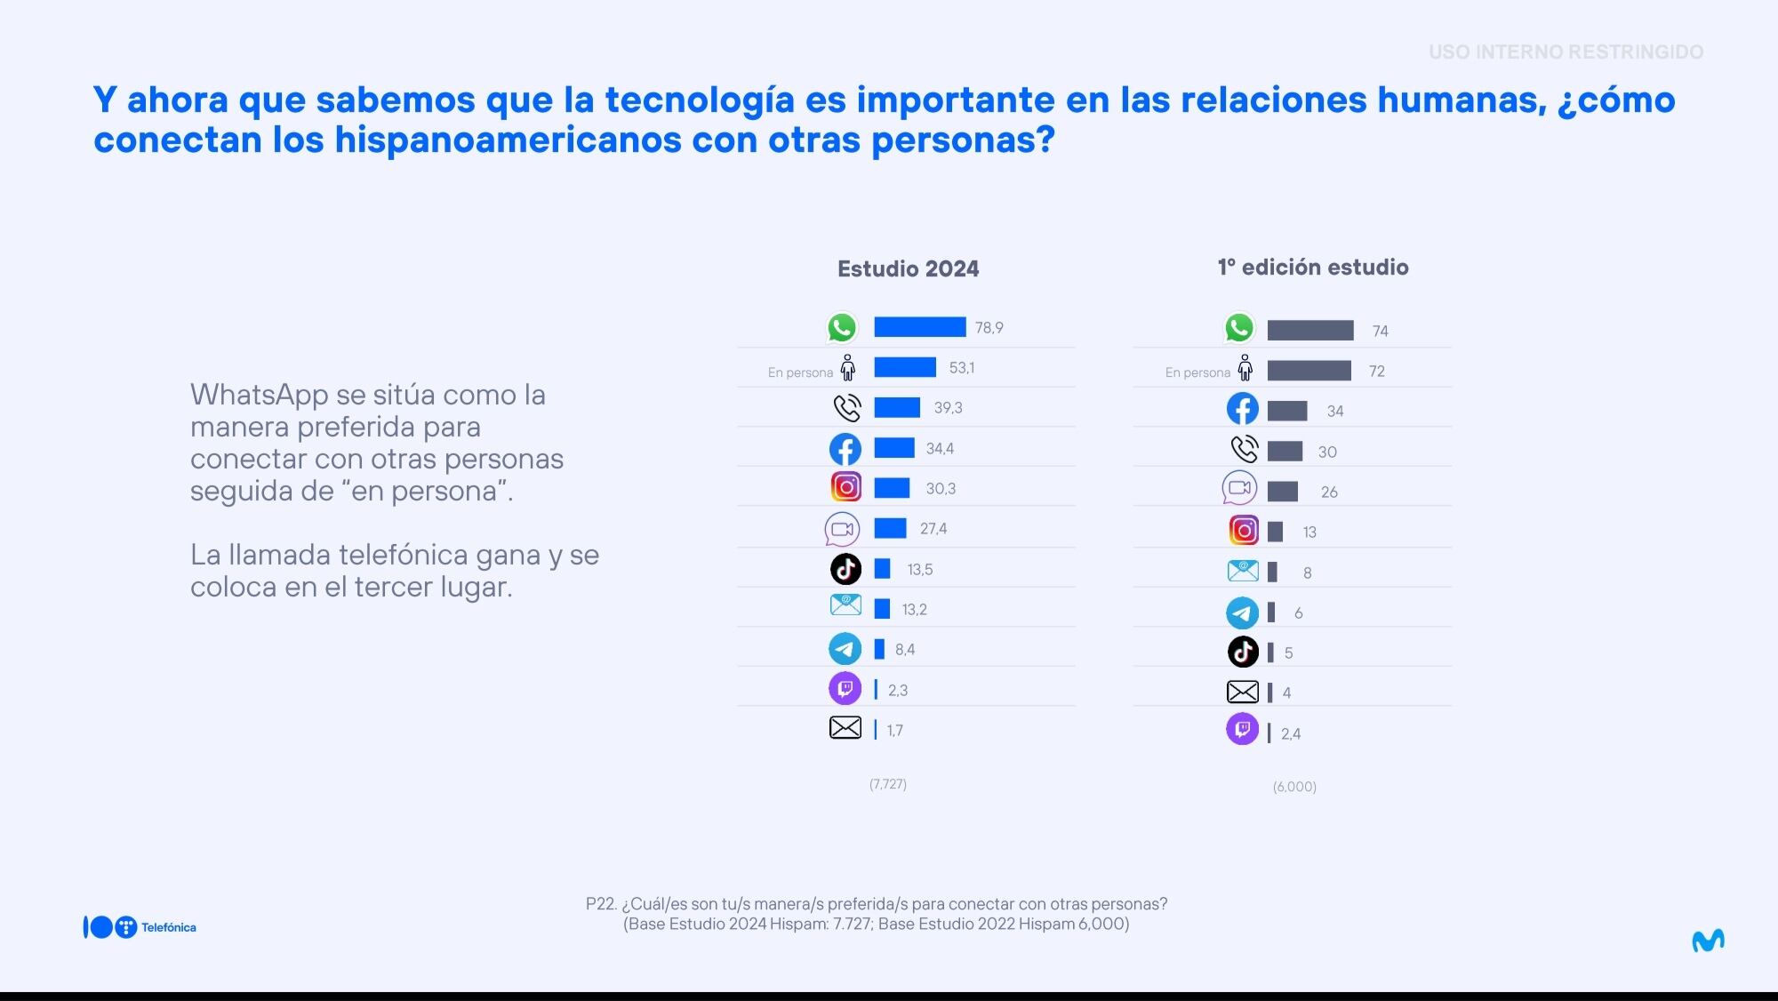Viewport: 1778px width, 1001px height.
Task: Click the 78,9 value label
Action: tap(989, 328)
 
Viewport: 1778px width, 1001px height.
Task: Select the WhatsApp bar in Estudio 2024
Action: tap(919, 327)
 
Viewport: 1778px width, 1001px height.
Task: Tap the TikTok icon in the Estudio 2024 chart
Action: tap(845, 569)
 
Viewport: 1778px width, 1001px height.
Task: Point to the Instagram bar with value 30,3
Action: tap(892, 488)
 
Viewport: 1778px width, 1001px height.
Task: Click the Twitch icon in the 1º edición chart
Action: tap(1242, 730)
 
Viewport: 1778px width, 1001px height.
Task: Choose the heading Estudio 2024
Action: tap(908, 269)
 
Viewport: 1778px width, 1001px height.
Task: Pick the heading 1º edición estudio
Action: tap(1312, 268)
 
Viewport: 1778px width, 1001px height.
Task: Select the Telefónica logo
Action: tap(140, 927)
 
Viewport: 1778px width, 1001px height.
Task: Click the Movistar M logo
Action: tap(1708, 941)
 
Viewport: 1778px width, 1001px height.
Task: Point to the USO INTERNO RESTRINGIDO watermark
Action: tap(1566, 52)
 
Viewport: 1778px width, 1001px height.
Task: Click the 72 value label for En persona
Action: tap(1376, 372)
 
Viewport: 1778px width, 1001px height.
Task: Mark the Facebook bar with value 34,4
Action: tap(894, 448)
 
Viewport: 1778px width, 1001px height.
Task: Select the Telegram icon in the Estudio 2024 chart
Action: tap(845, 649)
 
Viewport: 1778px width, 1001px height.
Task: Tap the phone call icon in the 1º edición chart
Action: tap(1244, 450)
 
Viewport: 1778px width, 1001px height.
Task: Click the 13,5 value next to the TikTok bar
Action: tap(919, 570)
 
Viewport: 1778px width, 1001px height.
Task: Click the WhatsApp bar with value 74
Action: tap(1309, 331)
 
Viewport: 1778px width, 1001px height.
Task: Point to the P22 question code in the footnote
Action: tap(601, 904)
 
